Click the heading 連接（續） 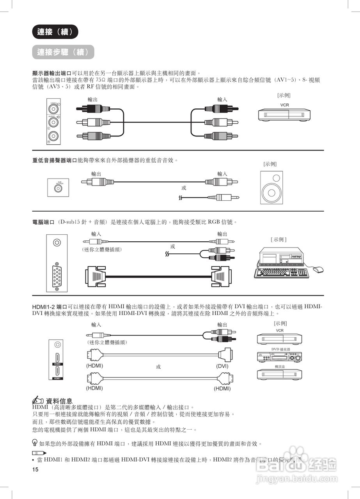(55, 32)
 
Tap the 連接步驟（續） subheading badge (63, 52)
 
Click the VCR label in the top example (284, 105)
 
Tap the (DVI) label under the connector (222, 366)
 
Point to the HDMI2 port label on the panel (57, 364)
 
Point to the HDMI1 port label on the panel (57, 378)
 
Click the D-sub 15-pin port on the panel (57, 275)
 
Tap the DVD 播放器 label (280, 349)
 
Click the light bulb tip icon (35, 443)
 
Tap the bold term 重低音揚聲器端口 (55, 160)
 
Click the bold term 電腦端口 (43, 222)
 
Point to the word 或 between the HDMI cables (158, 367)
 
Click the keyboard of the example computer (281, 273)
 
